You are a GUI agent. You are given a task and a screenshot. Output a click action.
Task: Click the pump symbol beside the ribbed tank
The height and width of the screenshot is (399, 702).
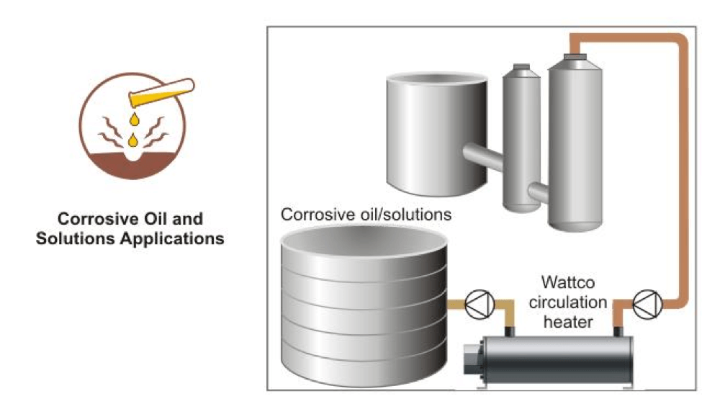[x=476, y=305]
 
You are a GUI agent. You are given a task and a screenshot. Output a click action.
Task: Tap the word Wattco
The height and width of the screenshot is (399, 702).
[x=568, y=282]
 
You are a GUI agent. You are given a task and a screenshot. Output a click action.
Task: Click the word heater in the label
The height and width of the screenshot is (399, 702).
[x=568, y=321]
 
